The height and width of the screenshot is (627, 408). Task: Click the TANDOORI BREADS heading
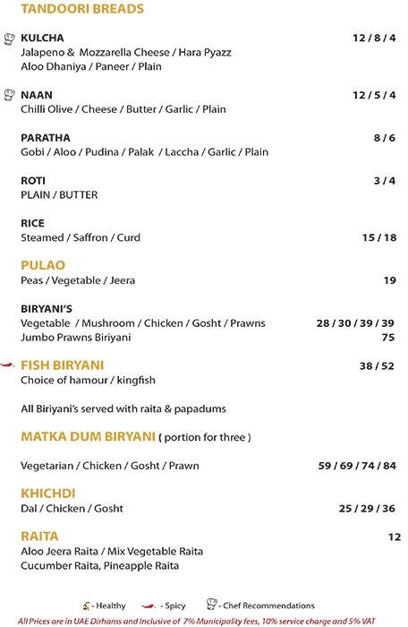click(x=71, y=10)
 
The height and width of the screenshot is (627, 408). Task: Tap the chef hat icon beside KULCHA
click(x=10, y=39)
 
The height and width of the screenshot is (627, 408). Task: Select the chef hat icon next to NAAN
click(x=10, y=94)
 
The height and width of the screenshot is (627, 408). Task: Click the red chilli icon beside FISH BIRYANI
click(x=9, y=365)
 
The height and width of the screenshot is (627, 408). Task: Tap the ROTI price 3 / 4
click(x=384, y=181)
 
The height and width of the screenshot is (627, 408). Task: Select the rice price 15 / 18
click(x=378, y=238)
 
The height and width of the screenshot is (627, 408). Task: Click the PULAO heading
click(x=43, y=265)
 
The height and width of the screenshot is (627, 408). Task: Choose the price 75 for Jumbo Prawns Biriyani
click(x=388, y=338)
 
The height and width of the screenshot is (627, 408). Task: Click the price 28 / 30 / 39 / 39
click(x=355, y=322)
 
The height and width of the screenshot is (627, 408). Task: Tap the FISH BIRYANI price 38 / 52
click(x=377, y=365)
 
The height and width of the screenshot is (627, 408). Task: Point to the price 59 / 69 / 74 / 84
click(x=356, y=466)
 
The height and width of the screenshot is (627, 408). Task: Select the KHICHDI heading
click(x=49, y=494)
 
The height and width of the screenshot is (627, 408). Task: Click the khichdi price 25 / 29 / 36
click(x=367, y=509)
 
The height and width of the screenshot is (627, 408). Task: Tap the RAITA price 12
click(x=395, y=537)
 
